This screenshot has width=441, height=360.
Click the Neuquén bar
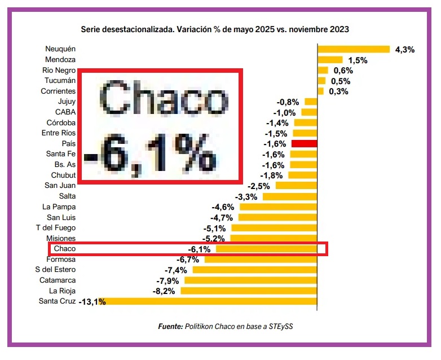pyautogui.click(x=354, y=49)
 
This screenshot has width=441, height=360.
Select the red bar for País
pyautogui.click(x=304, y=144)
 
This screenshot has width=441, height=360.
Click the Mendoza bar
pyautogui.click(x=330, y=60)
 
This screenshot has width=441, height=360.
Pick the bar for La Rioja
pyautogui.click(x=249, y=291)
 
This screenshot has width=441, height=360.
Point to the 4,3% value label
pyautogui.click(x=404, y=50)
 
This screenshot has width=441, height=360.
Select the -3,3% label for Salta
pyautogui.click(x=246, y=196)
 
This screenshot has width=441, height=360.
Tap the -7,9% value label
pyautogui.click(x=167, y=280)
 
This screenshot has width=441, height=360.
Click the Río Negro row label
pyautogui.click(x=59, y=71)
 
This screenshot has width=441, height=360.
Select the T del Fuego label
pyautogui.click(x=55, y=228)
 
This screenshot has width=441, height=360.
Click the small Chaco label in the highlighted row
pyautogui.click(x=64, y=249)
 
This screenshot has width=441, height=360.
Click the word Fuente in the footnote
pyautogui.click(x=169, y=326)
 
